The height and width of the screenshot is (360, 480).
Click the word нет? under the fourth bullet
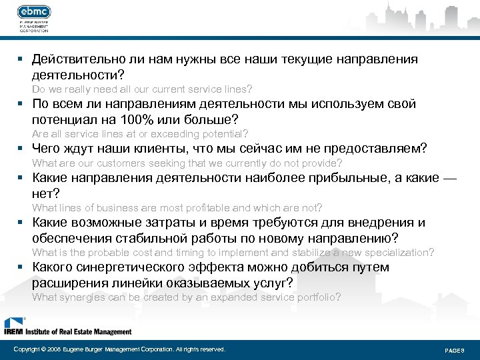46,193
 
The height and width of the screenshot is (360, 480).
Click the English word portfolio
316,297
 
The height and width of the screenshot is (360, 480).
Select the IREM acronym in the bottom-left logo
13,331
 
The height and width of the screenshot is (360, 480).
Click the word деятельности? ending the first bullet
78,75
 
